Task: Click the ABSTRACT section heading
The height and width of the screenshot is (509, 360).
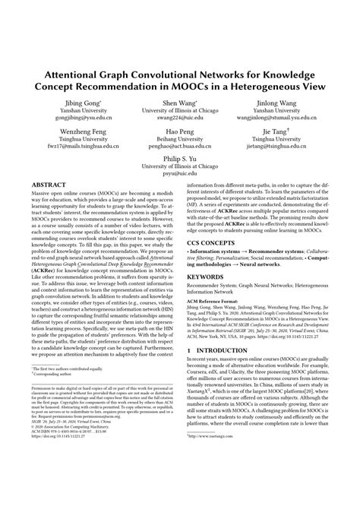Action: click(x=51, y=184)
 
